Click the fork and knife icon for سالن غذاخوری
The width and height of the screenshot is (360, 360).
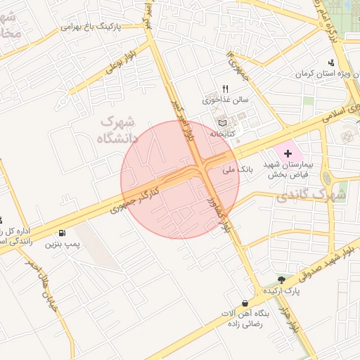(225, 89)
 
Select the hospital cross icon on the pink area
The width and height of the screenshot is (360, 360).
(287, 153)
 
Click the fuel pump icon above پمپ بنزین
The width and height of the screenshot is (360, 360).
(64, 233)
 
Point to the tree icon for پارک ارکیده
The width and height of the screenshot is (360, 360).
(283, 280)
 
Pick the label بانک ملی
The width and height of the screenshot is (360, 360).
(236, 169)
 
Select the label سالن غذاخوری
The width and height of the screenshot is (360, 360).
(231, 100)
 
